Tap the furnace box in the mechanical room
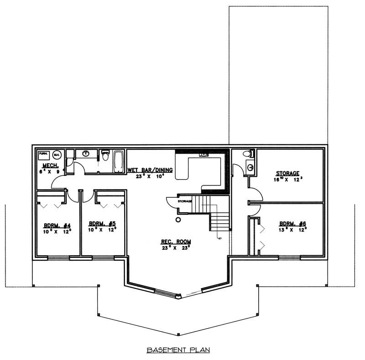43,154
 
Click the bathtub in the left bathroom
119,161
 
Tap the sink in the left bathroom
85,154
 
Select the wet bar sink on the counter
202,155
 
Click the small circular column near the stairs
178,220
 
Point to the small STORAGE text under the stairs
185,201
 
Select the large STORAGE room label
287,173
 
